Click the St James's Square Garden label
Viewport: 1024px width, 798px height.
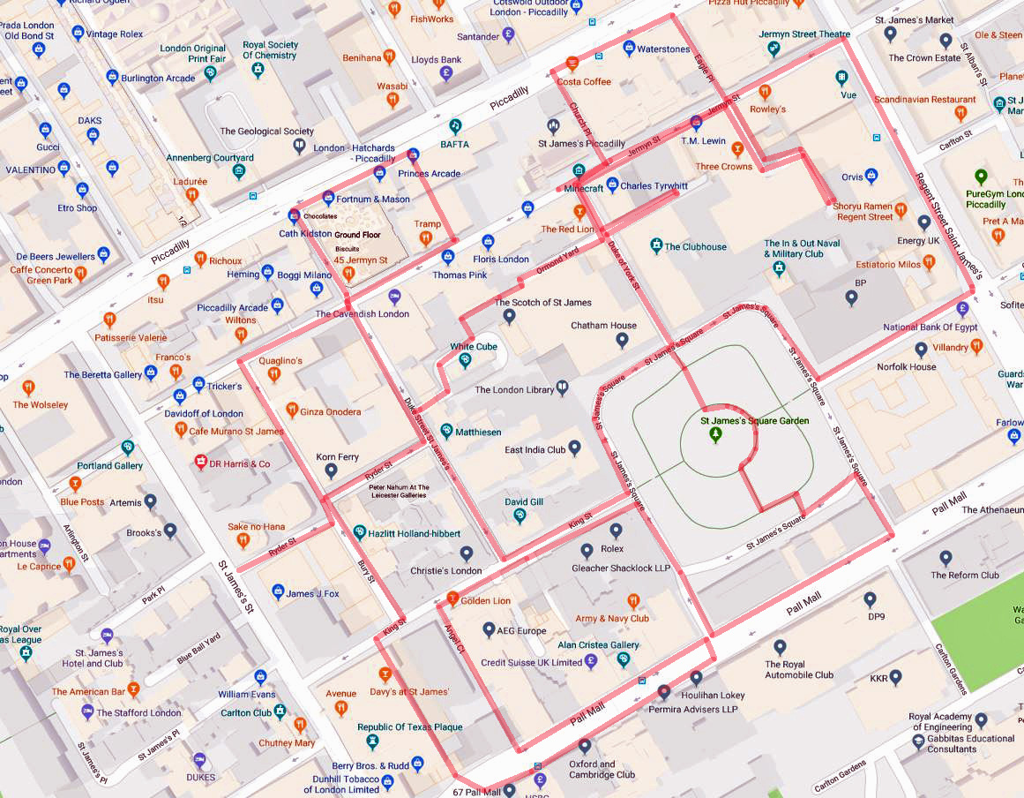[x=754, y=421]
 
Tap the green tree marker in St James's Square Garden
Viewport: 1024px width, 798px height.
[x=716, y=434]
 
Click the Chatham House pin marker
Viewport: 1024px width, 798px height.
[x=622, y=340]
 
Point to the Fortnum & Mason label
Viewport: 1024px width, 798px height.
[x=373, y=199]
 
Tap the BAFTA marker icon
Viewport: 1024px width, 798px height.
[x=456, y=126]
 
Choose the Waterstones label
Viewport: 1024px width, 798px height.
[x=663, y=49]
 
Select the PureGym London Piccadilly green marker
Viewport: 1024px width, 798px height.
[x=980, y=177]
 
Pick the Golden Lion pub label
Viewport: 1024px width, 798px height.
[x=485, y=601]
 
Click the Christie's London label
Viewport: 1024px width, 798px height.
[x=446, y=571]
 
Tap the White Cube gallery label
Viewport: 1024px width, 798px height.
[x=474, y=347]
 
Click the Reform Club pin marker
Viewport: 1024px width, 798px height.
[x=946, y=558]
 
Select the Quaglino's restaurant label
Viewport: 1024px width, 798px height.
[x=280, y=361]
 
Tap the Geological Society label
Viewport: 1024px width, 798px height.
[x=266, y=132]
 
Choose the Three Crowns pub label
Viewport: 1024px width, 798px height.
[x=724, y=167]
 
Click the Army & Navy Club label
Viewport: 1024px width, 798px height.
[x=612, y=619]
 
